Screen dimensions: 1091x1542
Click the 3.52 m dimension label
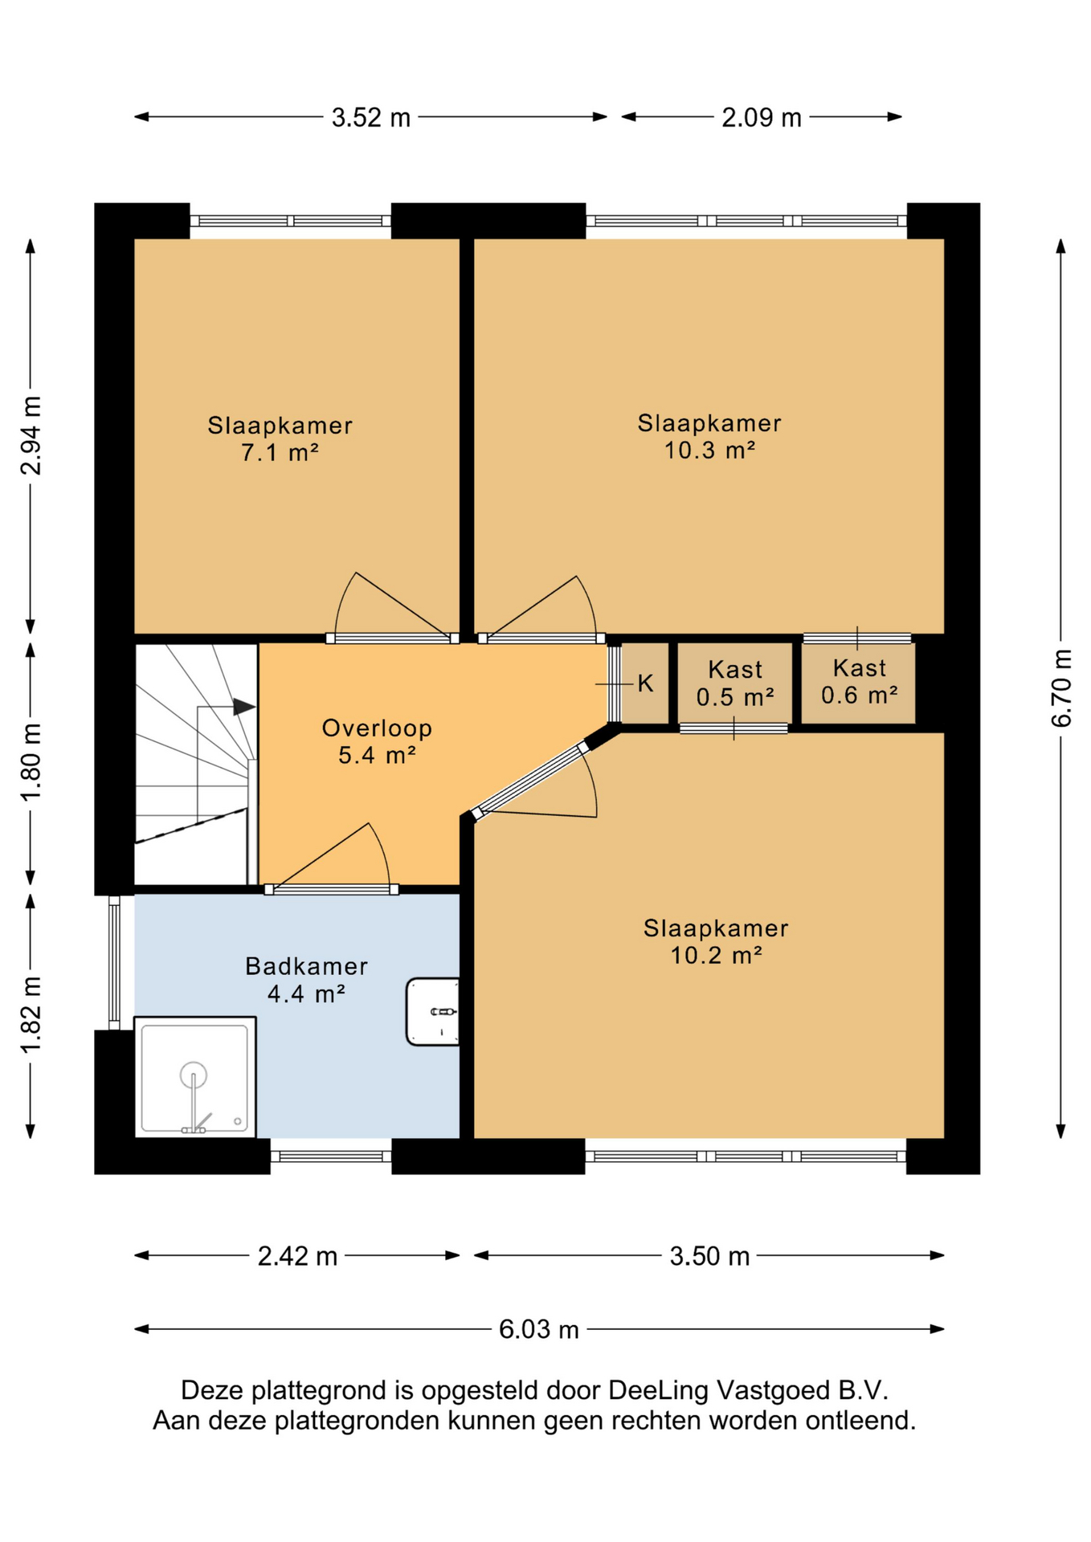pos(371,118)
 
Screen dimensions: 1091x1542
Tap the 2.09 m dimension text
pos(761,118)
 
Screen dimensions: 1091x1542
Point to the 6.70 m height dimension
pos(1061,688)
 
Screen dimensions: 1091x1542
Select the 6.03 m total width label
pos(539,1329)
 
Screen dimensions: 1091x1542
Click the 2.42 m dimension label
pos(297,1256)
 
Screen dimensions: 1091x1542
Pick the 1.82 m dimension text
pos(31,1015)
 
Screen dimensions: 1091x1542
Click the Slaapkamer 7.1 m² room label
pos(280,439)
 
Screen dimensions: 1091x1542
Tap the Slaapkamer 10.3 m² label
pos(709,436)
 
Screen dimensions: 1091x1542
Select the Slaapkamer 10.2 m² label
pos(716,941)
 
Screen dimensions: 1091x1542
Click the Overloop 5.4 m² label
pos(377,740)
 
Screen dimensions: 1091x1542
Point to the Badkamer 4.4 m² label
pos(306,980)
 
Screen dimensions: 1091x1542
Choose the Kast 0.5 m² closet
pos(735,683)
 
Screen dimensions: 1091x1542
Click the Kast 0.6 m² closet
pos(859,683)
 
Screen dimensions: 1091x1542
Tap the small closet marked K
pos(645,683)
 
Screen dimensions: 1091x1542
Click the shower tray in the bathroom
pos(195,1077)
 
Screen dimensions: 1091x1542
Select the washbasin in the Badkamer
pos(433,1011)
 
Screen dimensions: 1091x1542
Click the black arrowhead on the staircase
pos(244,707)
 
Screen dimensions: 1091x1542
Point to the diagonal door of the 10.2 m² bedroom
pos(530,781)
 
